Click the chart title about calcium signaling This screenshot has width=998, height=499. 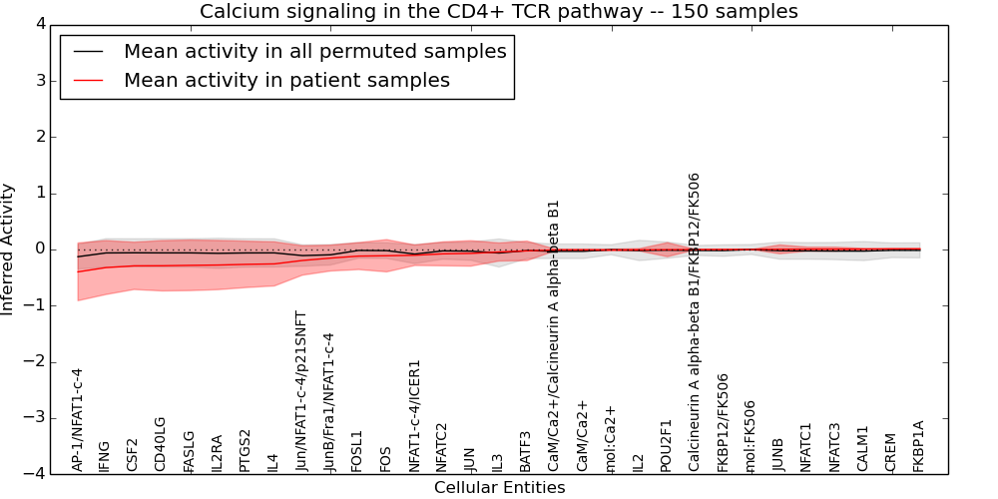coord(499,12)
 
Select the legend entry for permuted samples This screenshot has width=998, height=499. coord(314,52)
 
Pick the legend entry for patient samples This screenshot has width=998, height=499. coord(286,81)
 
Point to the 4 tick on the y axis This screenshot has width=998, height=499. coord(39,24)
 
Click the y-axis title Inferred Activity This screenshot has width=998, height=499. coord(9,249)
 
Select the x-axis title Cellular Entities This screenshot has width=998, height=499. coord(499,488)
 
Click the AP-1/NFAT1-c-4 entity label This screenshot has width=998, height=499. coord(78,419)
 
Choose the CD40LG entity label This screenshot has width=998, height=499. coord(161,443)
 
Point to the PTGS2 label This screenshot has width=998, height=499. coord(246,450)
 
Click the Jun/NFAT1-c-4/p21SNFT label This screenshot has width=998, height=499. coord(301,390)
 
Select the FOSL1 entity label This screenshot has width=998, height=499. coord(357,450)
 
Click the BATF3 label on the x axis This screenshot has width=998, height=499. coord(526,451)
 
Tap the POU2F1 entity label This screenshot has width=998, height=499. coord(667,445)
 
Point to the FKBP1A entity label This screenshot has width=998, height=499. coord(919,446)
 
